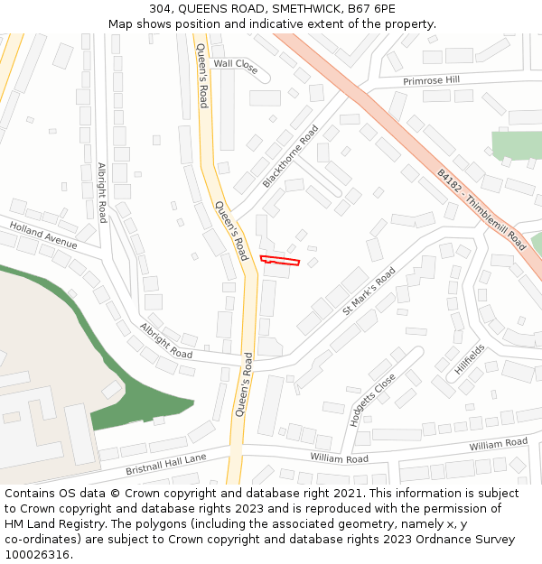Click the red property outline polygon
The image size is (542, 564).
pos(279,261)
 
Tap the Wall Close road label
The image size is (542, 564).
pos(235,64)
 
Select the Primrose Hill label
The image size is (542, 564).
pos(431,80)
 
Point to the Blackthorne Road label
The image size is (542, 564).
pos(291,156)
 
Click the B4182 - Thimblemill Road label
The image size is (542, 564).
pos(481,209)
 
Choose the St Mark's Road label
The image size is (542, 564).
pos(369,291)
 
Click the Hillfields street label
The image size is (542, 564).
pos(470,359)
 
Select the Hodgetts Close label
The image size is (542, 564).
pos(372,400)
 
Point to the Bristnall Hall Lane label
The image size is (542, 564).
pos(166,463)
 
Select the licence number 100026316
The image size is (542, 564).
pos(36,555)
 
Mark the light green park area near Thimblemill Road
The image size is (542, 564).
pos(515,145)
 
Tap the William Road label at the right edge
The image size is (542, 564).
pos(498,443)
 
